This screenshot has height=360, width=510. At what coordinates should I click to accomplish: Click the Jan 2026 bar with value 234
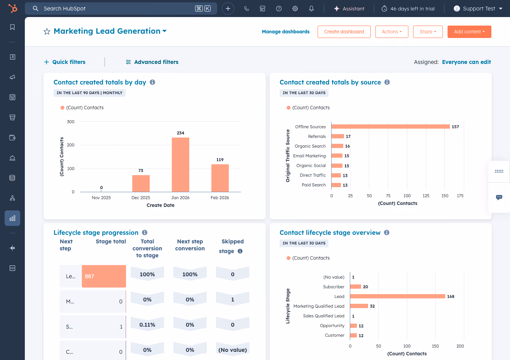[x=180, y=165]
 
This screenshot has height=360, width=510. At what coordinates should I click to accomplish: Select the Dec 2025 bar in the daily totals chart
[x=141, y=183]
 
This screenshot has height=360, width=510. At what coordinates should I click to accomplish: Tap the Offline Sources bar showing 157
[x=390, y=127]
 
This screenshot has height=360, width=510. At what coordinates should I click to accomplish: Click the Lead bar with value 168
[x=398, y=296]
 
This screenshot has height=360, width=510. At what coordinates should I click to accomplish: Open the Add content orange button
[x=469, y=32]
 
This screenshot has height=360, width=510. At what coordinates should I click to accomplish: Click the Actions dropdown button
[x=392, y=32]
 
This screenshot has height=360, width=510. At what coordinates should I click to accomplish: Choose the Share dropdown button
[x=428, y=32]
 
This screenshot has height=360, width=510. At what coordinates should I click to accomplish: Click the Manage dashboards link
[x=285, y=32]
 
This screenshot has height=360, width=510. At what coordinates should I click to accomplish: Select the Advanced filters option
[x=152, y=62]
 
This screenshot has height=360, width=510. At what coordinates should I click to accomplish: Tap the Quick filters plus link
[x=65, y=62]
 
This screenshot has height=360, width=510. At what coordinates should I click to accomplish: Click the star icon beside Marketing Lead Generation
[x=47, y=32]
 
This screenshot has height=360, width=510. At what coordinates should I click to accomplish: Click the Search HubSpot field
[x=116, y=9]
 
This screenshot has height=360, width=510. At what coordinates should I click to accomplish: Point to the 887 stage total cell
[x=104, y=276]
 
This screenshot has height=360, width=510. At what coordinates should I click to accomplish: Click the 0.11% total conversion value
[x=147, y=325]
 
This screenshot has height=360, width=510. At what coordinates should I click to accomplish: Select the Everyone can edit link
[x=466, y=62]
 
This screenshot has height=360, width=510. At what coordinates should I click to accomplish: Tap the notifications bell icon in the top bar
[x=311, y=9]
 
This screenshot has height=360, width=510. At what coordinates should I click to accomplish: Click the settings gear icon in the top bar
[x=295, y=9]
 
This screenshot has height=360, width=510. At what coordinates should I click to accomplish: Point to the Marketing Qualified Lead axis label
[x=319, y=306]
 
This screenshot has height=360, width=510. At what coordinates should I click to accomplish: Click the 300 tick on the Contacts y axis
[x=71, y=122]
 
